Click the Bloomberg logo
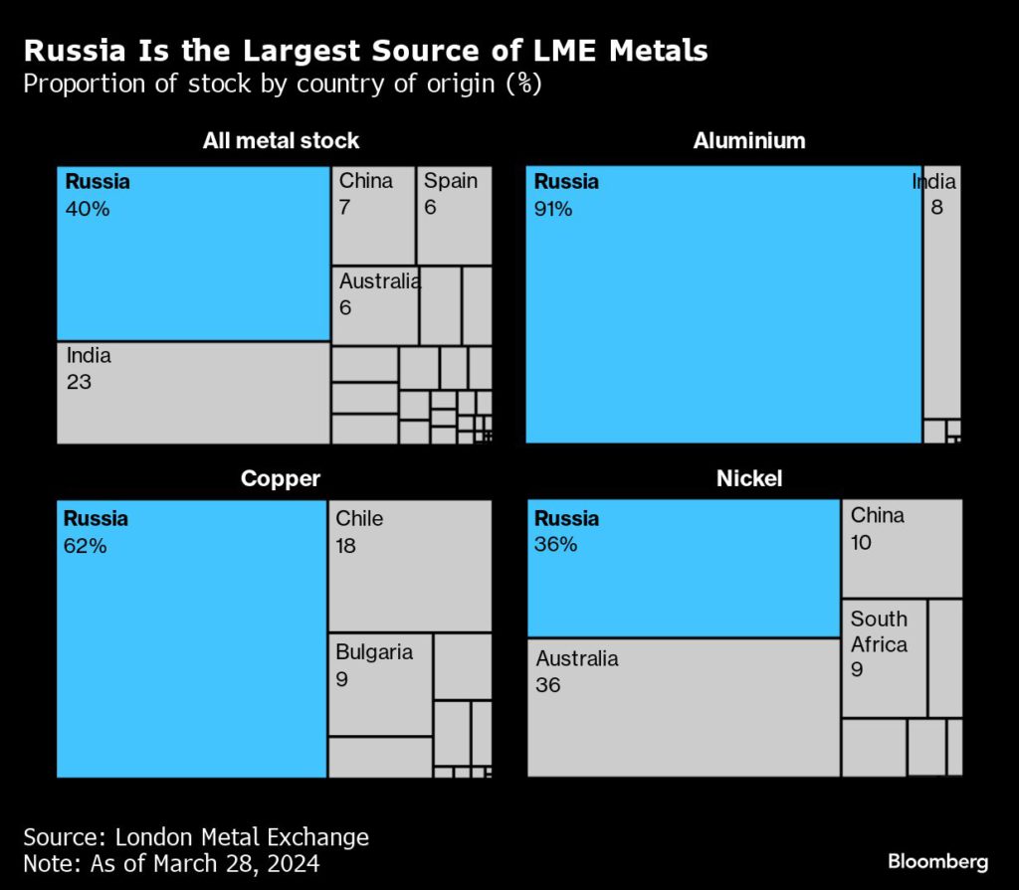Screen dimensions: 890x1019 [938, 860]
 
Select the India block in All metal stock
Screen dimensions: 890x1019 [193, 393]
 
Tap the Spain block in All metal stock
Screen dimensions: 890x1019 [454, 216]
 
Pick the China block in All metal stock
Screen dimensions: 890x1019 [373, 216]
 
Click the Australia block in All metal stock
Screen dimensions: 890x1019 [375, 306]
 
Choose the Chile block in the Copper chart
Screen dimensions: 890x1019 [409, 565]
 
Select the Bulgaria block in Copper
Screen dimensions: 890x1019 [380, 684]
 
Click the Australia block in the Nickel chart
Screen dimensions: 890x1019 [684, 707]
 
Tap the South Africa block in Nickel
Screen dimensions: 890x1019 [884, 657]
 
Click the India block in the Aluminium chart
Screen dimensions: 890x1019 [941, 291]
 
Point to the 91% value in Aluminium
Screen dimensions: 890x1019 [553, 209]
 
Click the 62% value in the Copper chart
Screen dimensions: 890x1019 [86, 546]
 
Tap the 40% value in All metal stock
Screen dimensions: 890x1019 [88, 209]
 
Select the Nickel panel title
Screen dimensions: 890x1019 [748, 478]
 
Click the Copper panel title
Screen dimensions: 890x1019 [281, 478]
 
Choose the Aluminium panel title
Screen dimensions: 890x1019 [748, 141]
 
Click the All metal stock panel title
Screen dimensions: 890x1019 [281, 141]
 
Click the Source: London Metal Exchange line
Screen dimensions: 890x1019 [196, 836]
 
